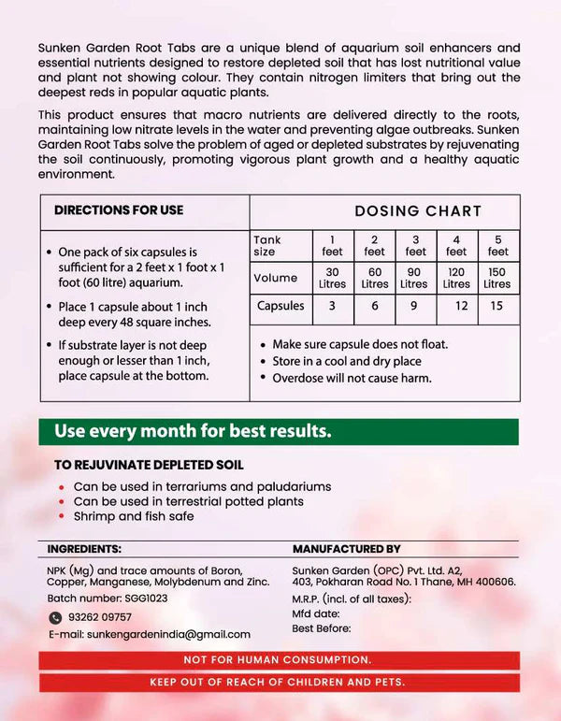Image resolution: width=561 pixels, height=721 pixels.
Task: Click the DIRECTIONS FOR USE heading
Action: pyautogui.click(x=119, y=210)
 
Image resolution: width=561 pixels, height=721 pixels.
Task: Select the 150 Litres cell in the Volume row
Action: pyautogui.click(x=497, y=278)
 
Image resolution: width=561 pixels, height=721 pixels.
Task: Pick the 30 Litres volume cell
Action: pyautogui.click(x=333, y=278)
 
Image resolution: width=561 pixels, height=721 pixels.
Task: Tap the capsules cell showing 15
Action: pyautogui.click(x=497, y=306)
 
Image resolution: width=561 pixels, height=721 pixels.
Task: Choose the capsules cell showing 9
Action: pyautogui.click(x=414, y=306)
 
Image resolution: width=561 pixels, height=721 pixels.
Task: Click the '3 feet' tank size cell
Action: pyautogui.click(x=415, y=245)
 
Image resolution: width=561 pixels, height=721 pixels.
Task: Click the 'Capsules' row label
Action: pyautogui.click(x=280, y=306)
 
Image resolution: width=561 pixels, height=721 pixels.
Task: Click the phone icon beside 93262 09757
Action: pyautogui.click(x=55, y=617)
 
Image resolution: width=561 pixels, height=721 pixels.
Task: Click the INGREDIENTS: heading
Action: pyautogui.click(x=84, y=549)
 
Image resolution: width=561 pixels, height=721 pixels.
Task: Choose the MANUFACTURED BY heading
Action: pyautogui.click(x=346, y=549)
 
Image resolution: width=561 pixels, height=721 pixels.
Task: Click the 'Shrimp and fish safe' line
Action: pyautogui.click(x=135, y=516)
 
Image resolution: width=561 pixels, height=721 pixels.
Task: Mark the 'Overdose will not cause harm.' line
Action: pyautogui.click(x=352, y=378)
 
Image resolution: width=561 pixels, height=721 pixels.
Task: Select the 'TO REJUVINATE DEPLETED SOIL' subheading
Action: pyautogui.click(x=146, y=464)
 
